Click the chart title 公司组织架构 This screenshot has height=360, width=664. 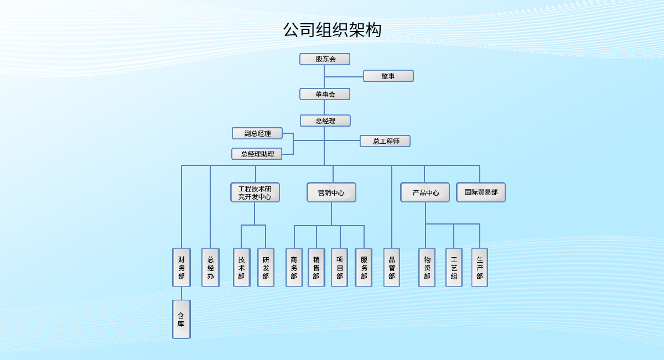pyautogui.click(x=332, y=30)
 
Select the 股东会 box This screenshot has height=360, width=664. pyautogui.click(x=325, y=59)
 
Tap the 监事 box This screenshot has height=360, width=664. pyautogui.click(x=388, y=76)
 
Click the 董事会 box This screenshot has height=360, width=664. pyautogui.click(x=325, y=94)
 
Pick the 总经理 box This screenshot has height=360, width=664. pyautogui.click(x=325, y=121)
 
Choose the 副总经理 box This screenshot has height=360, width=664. pyautogui.click(x=257, y=133)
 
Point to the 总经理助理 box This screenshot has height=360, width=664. pyautogui.click(x=257, y=154)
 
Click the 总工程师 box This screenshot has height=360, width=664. pyautogui.click(x=385, y=141)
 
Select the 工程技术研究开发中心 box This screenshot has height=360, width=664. pyautogui.click(x=255, y=192)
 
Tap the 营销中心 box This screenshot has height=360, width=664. pyautogui.click(x=331, y=192)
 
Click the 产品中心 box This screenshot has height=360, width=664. pyautogui.click(x=425, y=192)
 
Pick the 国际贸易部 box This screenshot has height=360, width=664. pyautogui.click(x=481, y=192)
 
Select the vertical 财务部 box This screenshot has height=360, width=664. pyautogui.click(x=181, y=267)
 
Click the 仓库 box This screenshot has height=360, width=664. pyautogui.click(x=181, y=319)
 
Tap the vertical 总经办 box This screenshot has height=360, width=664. pyautogui.click(x=210, y=267)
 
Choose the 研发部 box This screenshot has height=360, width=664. pyautogui.click(x=266, y=267)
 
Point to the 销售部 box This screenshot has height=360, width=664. pyautogui.click(x=316, y=267)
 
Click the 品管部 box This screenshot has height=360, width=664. pyautogui.click(x=392, y=267)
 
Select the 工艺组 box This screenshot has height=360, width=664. pyautogui.click(x=454, y=267)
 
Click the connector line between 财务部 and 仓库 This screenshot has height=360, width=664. pyautogui.click(x=181, y=294)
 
